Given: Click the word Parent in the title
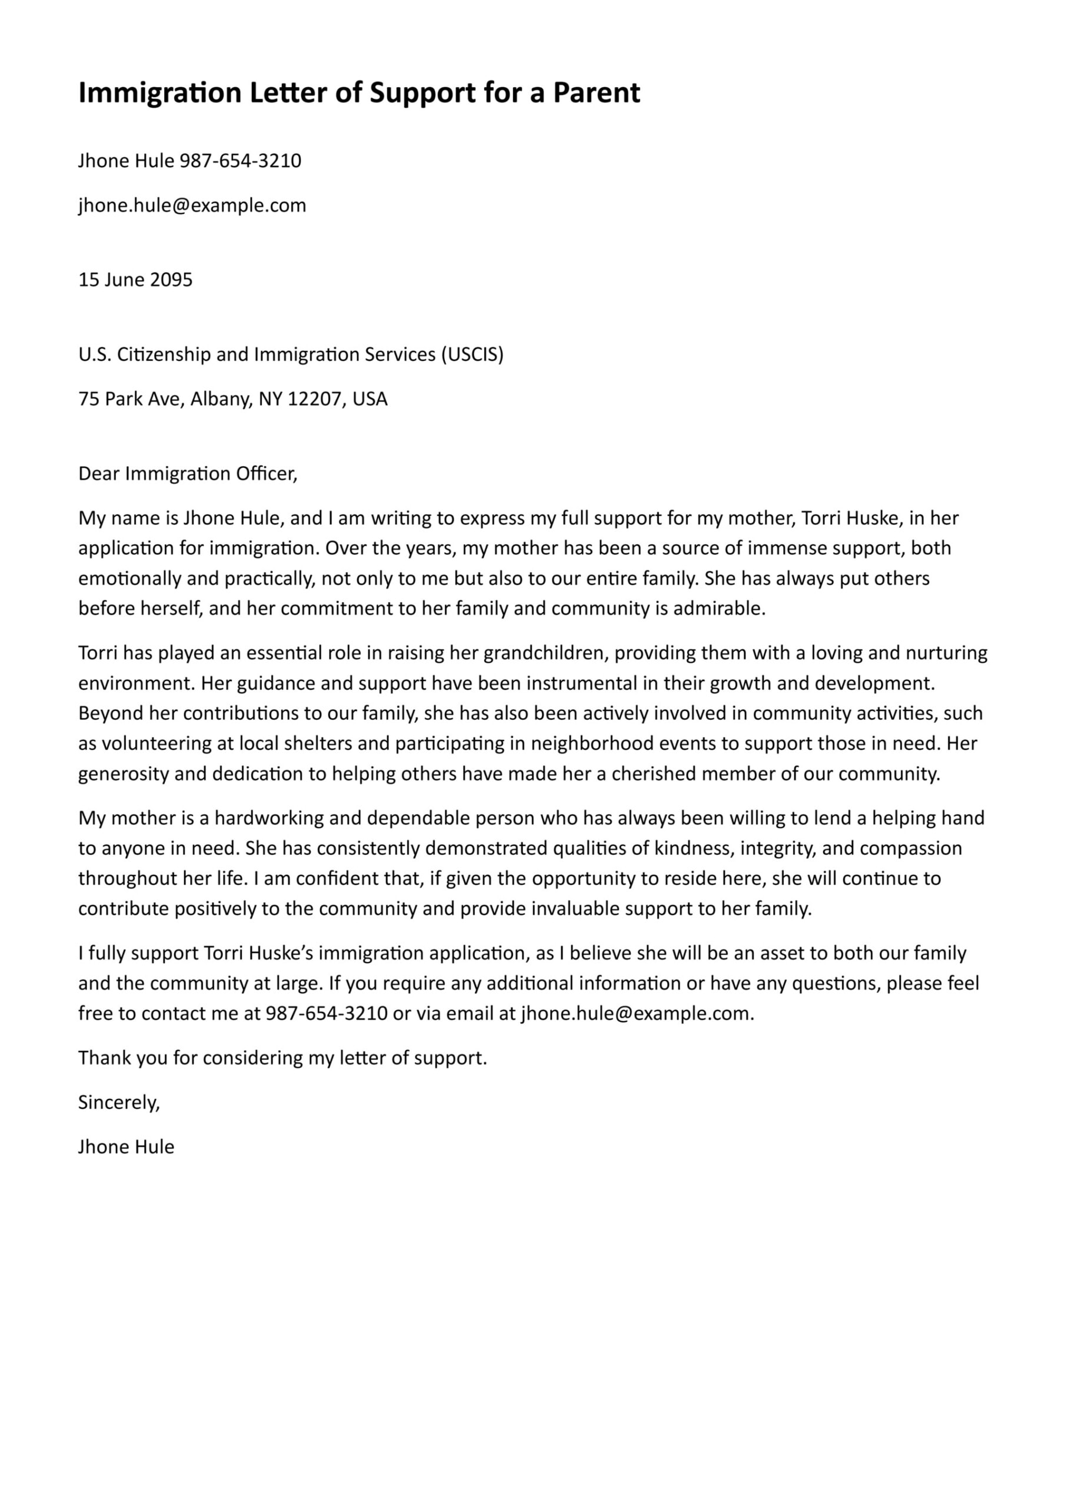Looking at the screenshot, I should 596,93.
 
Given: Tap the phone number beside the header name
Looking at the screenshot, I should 240,161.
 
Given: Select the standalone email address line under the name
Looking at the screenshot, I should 192,205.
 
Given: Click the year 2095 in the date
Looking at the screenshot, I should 171,280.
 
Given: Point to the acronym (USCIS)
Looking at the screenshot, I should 472,354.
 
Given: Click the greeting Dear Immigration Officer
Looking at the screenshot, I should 188,473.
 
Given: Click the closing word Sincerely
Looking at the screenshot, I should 119,1103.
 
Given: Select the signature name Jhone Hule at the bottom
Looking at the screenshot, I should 126,1147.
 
